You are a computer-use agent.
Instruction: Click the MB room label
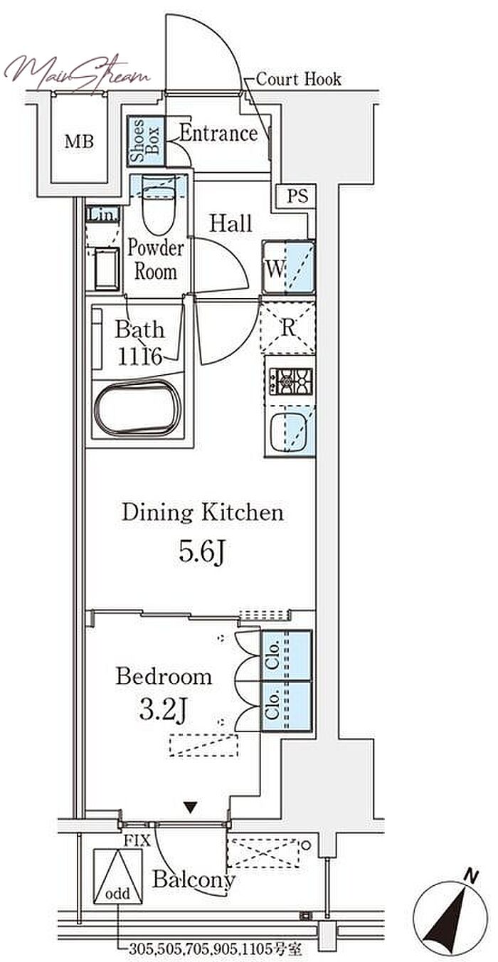[79, 142]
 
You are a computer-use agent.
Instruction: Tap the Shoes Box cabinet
[146, 142]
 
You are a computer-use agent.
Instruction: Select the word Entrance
[218, 133]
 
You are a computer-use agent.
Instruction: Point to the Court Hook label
[298, 79]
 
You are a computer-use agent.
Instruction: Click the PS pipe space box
[297, 196]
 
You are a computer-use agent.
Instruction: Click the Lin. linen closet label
[102, 215]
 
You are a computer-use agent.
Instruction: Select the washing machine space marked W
[289, 268]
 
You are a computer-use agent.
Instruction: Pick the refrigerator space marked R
[288, 328]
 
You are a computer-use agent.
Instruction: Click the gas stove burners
[291, 381]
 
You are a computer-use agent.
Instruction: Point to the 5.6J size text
[202, 552]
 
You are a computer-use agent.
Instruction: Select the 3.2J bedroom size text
[163, 709]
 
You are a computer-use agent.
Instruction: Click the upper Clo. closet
[285, 656]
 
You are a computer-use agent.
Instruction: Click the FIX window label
[137, 840]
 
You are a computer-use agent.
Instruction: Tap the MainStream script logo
[78, 73]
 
